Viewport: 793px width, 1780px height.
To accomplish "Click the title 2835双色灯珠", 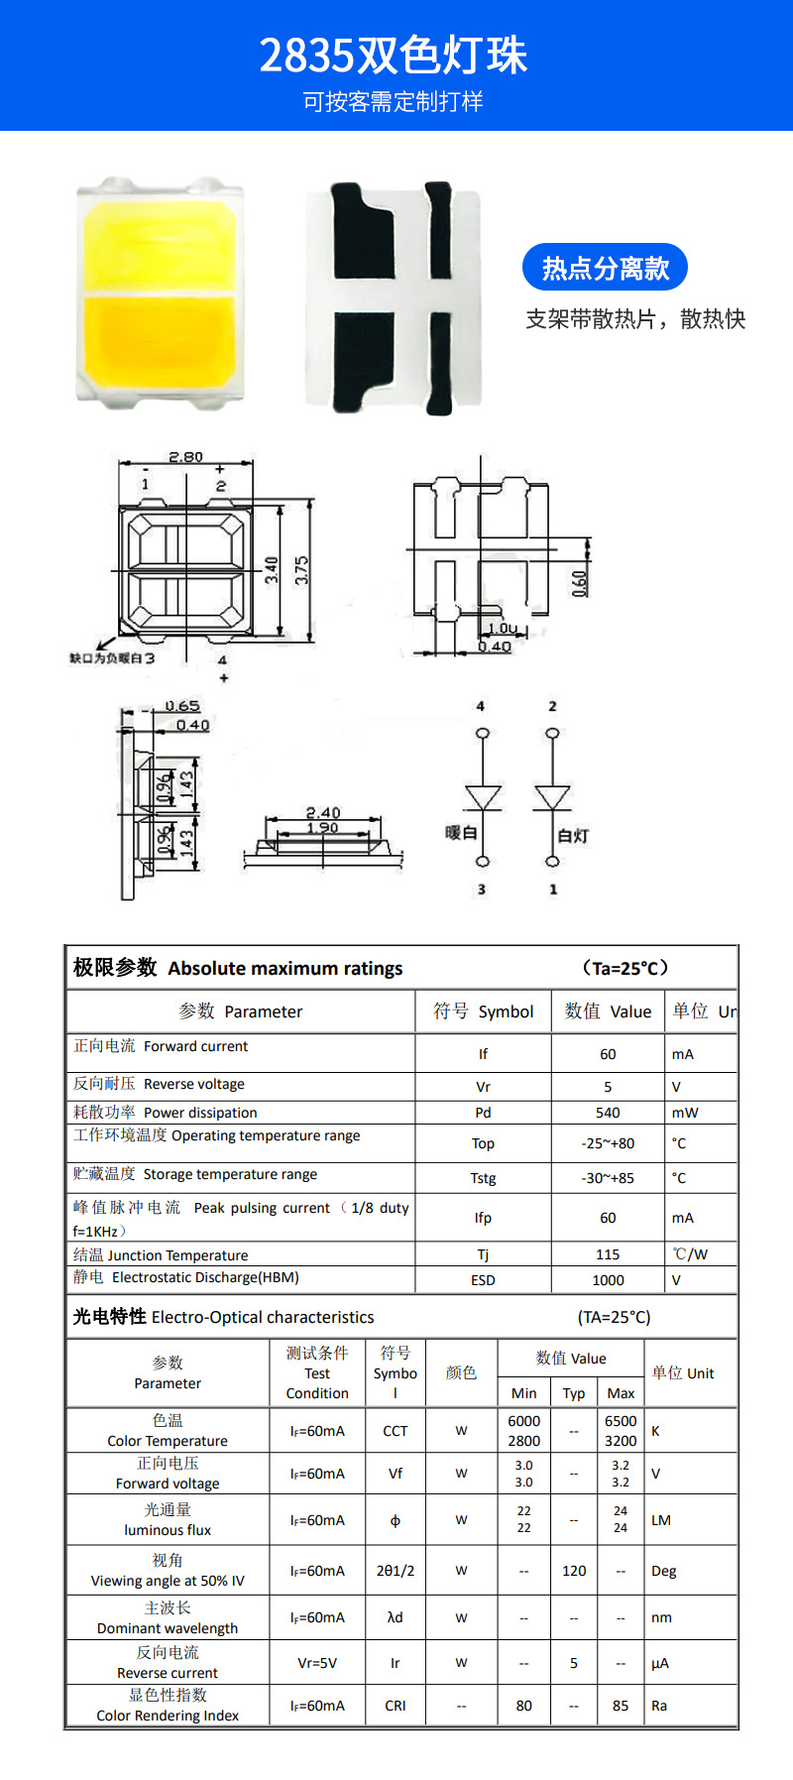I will (394, 57).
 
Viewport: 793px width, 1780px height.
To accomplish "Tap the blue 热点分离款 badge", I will (605, 268).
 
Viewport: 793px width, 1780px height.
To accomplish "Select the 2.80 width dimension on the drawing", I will (185, 457).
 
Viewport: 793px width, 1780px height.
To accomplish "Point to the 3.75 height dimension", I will (302, 569).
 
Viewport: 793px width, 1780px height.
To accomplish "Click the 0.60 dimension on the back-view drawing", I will (580, 582).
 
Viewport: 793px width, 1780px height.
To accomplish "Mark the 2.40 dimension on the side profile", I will (323, 812).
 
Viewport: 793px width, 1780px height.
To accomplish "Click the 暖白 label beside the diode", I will (461, 833).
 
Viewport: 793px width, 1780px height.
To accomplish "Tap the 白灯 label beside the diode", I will (573, 836).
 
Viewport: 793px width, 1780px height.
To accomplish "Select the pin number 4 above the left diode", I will (481, 706).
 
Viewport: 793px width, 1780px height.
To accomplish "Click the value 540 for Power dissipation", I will (608, 1113).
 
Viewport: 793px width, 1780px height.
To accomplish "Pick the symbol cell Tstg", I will (483, 1178).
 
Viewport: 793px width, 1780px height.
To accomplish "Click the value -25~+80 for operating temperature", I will (608, 1143).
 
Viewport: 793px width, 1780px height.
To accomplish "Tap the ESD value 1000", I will (608, 1280).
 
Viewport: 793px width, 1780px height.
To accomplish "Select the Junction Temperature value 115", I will (608, 1254).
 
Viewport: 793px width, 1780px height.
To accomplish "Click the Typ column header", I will (574, 1393).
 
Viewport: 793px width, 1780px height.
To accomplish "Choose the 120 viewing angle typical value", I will (574, 1571).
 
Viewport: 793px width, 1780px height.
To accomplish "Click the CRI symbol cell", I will (396, 1706).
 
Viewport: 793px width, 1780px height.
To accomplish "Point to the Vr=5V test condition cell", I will (317, 1663).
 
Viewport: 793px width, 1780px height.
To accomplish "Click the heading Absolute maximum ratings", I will (284, 969).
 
